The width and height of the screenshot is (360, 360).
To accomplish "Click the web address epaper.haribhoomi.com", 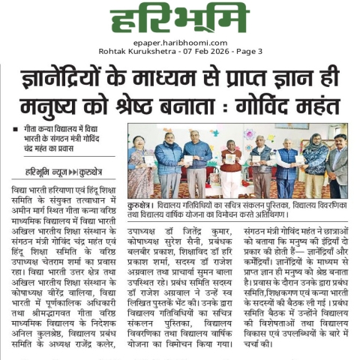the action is [x=179, y=43].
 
